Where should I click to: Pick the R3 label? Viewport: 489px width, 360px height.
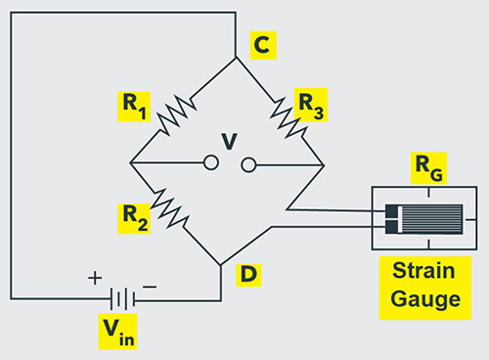point(310,105)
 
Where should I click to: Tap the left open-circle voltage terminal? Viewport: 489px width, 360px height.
point(210,163)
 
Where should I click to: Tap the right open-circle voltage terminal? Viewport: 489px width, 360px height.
point(248,163)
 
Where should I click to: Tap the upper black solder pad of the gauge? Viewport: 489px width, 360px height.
point(392,210)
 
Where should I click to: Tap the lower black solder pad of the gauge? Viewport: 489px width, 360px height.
point(392,228)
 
